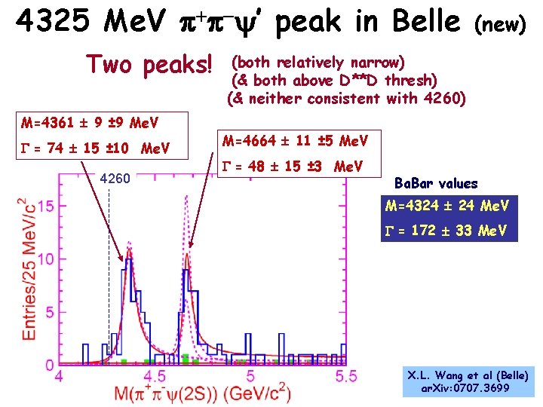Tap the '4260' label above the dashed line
(115, 179)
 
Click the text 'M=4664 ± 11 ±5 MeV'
(295, 141)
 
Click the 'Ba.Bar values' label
(436, 183)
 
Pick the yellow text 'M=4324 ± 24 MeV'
(447, 206)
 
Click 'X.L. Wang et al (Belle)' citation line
(468, 375)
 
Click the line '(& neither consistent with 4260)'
(346, 98)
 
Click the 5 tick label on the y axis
(49, 312)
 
